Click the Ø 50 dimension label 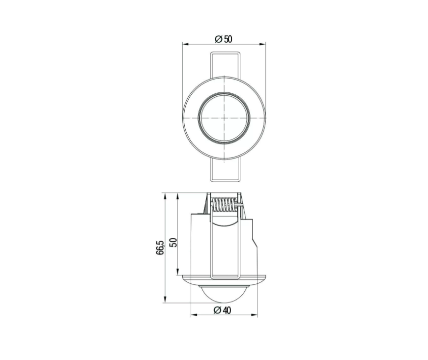[x=224, y=39]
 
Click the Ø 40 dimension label [x=222, y=310]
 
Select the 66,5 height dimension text [x=160, y=248]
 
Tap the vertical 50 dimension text [x=173, y=243]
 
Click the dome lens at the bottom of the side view [x=224, y=294]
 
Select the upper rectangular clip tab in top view [x=225, y=65]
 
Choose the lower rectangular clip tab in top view [x=225, y=169]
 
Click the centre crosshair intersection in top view [x=224, y=118]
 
